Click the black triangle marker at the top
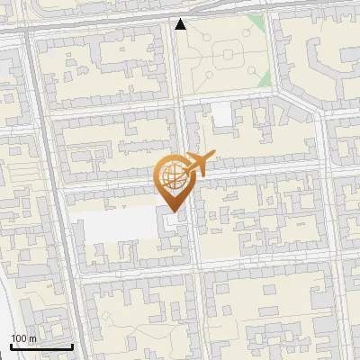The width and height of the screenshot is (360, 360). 181,24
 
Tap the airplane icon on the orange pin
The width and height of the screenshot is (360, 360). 199,166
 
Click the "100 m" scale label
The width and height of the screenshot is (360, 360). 23,337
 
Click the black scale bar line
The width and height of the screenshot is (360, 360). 41,346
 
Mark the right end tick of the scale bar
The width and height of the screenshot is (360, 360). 72,344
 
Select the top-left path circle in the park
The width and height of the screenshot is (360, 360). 205,40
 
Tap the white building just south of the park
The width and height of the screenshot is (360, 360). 221,114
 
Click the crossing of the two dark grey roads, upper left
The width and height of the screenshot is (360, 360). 33,28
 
